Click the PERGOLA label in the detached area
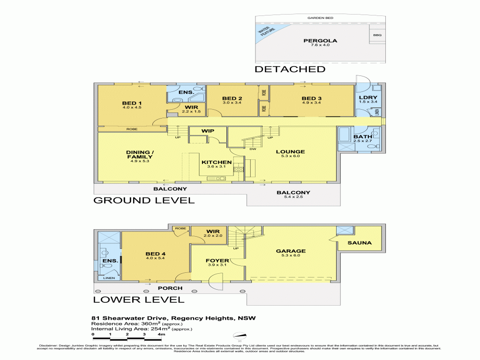click(x=320, y=41)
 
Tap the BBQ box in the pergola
click(x=377, y=36)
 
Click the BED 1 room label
click(x=132, y=103)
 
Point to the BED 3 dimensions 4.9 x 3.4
click(x=311, y=103)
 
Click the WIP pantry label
click(x=208, y=131)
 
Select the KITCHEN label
click(x=217, y=163)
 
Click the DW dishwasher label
click(x=253, y=150)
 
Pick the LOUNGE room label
click(x=290, y=151)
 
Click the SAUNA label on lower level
click(x=360, y=243)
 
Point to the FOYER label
click(x=217, y=261)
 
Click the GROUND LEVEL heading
click(x=144, y=200)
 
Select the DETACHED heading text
click(x=290, y=69)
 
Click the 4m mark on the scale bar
click(x=162, y=334)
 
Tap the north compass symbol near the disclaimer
click(x=239, y=335)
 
